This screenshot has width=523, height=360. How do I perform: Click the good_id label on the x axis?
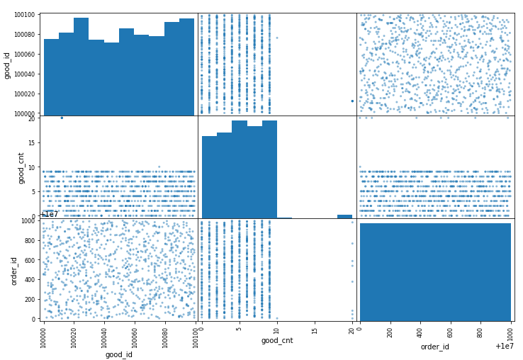pyautogui.click(x=118, y=354)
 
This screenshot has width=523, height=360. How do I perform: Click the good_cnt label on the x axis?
pyautogui.click(x=277, y=341)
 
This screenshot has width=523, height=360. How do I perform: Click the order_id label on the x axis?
pyautogui.click(x=435, y=347)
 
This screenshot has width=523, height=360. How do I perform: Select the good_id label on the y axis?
pyautogui.click(x=7, y=64)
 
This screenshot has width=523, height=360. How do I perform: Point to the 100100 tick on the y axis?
pyautogui.click(x=27, y=14)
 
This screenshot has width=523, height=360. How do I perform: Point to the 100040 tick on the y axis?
pyautogui.click(x=27, y=74)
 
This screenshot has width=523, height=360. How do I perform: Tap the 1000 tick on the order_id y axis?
pyautogui.click(x=29, y=221)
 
